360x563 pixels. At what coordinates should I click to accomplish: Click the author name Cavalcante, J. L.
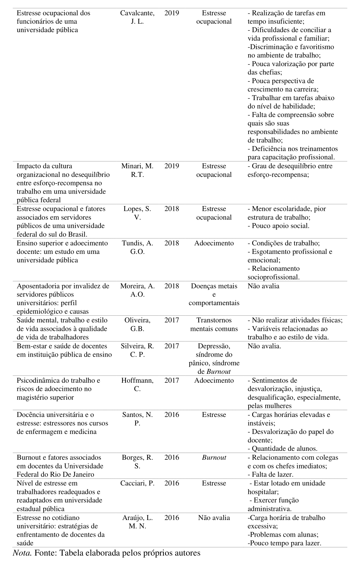(x=137, y=17)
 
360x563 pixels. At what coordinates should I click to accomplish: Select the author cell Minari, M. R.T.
(x=137, y=170)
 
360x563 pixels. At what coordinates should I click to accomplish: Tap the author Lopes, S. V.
(x=137, y=213)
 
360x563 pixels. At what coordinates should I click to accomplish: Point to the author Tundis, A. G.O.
(x=137, y=247)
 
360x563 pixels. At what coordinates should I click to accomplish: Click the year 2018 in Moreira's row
(x=172, y=286)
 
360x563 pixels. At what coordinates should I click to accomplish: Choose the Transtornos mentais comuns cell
(x=214, y=325)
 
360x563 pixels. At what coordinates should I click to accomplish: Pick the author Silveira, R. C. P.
(x=137, y=350)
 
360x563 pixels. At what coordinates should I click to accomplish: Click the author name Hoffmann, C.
(x=137, y=385)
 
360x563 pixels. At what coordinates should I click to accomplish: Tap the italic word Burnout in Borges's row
(x=214, y=458)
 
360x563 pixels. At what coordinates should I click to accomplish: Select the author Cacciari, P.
(x=137, y=483)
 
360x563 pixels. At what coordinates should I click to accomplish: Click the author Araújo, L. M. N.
(x=137, y=522)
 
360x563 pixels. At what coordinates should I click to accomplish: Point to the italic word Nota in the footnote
(x=22, y=553)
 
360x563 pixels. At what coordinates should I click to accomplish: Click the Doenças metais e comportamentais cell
(x=214, y=295)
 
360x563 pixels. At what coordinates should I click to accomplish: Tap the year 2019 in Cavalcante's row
(x=172, y=13)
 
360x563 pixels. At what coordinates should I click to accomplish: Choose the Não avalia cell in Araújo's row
(x=214, y=518)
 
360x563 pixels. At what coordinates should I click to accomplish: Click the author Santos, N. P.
(x=137, y=419)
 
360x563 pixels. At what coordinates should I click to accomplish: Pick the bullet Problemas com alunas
(x=283, y=535)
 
